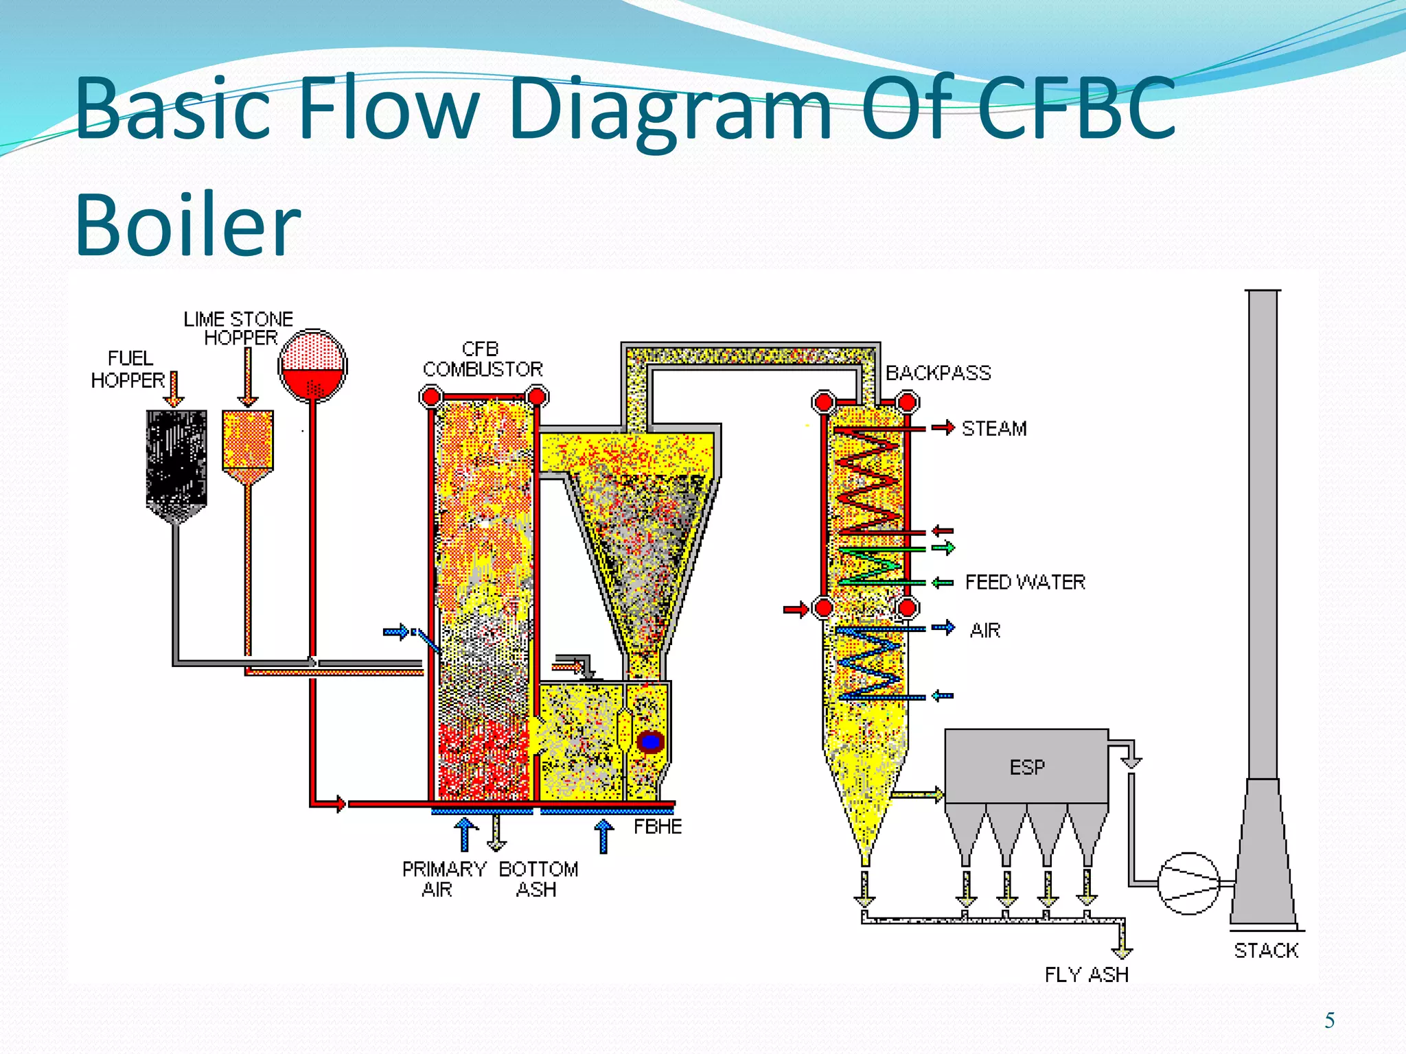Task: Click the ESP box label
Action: tap(1027, 767)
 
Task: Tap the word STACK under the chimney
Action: tap(1266, 951)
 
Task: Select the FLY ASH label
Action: tap(1086, 975)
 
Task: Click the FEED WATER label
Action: tap(1025, 583)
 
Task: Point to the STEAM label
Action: tap(994, 429)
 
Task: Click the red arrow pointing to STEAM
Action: tap(944, 428)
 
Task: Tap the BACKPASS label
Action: tap(938, 373)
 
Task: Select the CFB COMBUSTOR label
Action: tap(482, 360)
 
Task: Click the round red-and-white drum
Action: tap(313, 366)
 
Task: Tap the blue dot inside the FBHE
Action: tap(650, 742)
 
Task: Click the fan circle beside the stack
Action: tap(1188, 883)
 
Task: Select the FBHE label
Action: tap(657, 827)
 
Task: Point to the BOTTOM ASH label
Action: tap(538, 879)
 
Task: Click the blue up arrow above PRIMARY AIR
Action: tap(466, 833)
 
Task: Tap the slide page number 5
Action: tap(1329, 1021)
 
